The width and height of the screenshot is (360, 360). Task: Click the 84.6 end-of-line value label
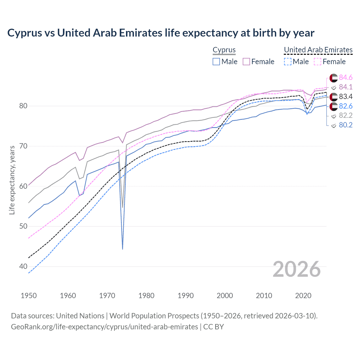tap(346, 77)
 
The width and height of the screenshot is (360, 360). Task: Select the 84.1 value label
tap(346, 87)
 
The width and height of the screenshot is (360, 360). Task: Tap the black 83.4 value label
tap(346, 96)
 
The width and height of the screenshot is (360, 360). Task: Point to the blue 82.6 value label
tap(346, 106)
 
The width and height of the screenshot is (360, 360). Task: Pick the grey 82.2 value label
tap(346, 115)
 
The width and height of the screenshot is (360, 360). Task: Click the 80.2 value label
tap(346, 125)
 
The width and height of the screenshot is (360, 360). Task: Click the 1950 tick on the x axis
tap(29, 296)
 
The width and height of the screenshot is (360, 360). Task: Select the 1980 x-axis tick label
tap(146, 296)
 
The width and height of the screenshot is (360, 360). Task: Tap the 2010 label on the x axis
tap(264, 296)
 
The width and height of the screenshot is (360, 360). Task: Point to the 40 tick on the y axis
tap(23, 266)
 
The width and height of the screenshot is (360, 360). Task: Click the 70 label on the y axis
tap(23, 146)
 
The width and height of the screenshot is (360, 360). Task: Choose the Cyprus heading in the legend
tap(224, 50)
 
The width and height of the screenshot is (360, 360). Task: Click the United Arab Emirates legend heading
tap(318, 50)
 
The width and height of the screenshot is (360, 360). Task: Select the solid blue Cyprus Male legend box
tap(216, 62)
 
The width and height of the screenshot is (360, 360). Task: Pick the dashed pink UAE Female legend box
tap(317, 62)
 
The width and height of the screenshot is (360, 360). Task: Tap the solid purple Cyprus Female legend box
tap(246, 62)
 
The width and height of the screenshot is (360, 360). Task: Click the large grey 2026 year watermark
tap(296, 269)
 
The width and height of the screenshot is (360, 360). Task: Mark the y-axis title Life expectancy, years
tap(12, 180)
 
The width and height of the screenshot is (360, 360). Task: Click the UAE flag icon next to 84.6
tap(334, 78)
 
